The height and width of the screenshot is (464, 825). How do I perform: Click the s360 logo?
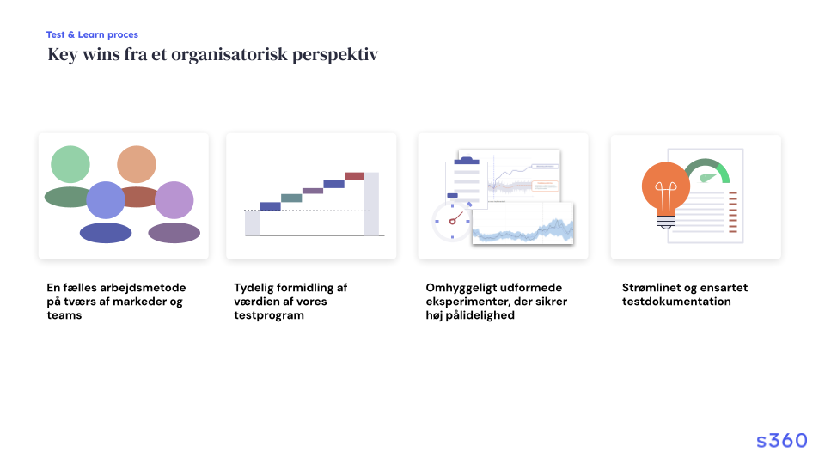[x=781, y=440]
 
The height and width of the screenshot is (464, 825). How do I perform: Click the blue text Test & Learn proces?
[x=92, y=34]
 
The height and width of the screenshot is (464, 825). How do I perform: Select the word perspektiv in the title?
[x=335, y=55]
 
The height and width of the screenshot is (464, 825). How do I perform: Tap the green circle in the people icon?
[x=70, y=164]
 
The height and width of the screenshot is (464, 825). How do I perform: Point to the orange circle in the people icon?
[x=137, y=164]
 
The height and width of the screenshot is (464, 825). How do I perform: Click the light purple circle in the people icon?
[x=174, y=200]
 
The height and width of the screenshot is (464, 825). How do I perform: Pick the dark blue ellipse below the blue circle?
[x=106, y=233]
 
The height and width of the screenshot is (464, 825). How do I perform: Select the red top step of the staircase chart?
[x=354, y=175]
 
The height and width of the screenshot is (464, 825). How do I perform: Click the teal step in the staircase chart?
[x=291, y=198]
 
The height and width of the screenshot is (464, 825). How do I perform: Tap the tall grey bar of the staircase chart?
[x=371, y=204]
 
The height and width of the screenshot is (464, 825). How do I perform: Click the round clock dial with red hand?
[x=451, y=222]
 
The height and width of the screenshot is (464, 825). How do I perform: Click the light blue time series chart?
[x=523, y=223]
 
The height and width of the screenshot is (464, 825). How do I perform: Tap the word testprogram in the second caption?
[x=269, y=315]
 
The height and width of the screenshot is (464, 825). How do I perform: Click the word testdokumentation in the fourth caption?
[x=676, y=302]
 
